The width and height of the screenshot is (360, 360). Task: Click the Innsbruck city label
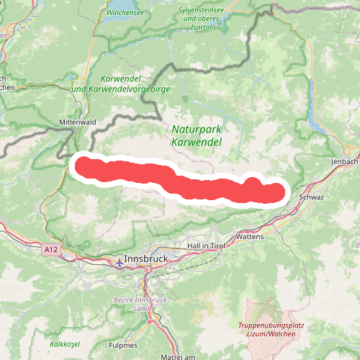tap(145, 258)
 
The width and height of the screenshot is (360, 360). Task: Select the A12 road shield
tap(50, 249)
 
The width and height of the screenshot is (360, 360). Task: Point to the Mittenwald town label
tap(78, 122)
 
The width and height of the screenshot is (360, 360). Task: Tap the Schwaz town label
tap(312, 197)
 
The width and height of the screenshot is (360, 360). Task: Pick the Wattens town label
tap(250, 236)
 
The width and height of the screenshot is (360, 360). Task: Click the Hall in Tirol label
tap(207, 246)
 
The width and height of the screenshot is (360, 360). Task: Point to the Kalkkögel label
tap(65, 344)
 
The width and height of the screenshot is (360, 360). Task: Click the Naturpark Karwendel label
tap(197, 135)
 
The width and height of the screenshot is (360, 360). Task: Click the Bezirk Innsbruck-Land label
tap(137, 304)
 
